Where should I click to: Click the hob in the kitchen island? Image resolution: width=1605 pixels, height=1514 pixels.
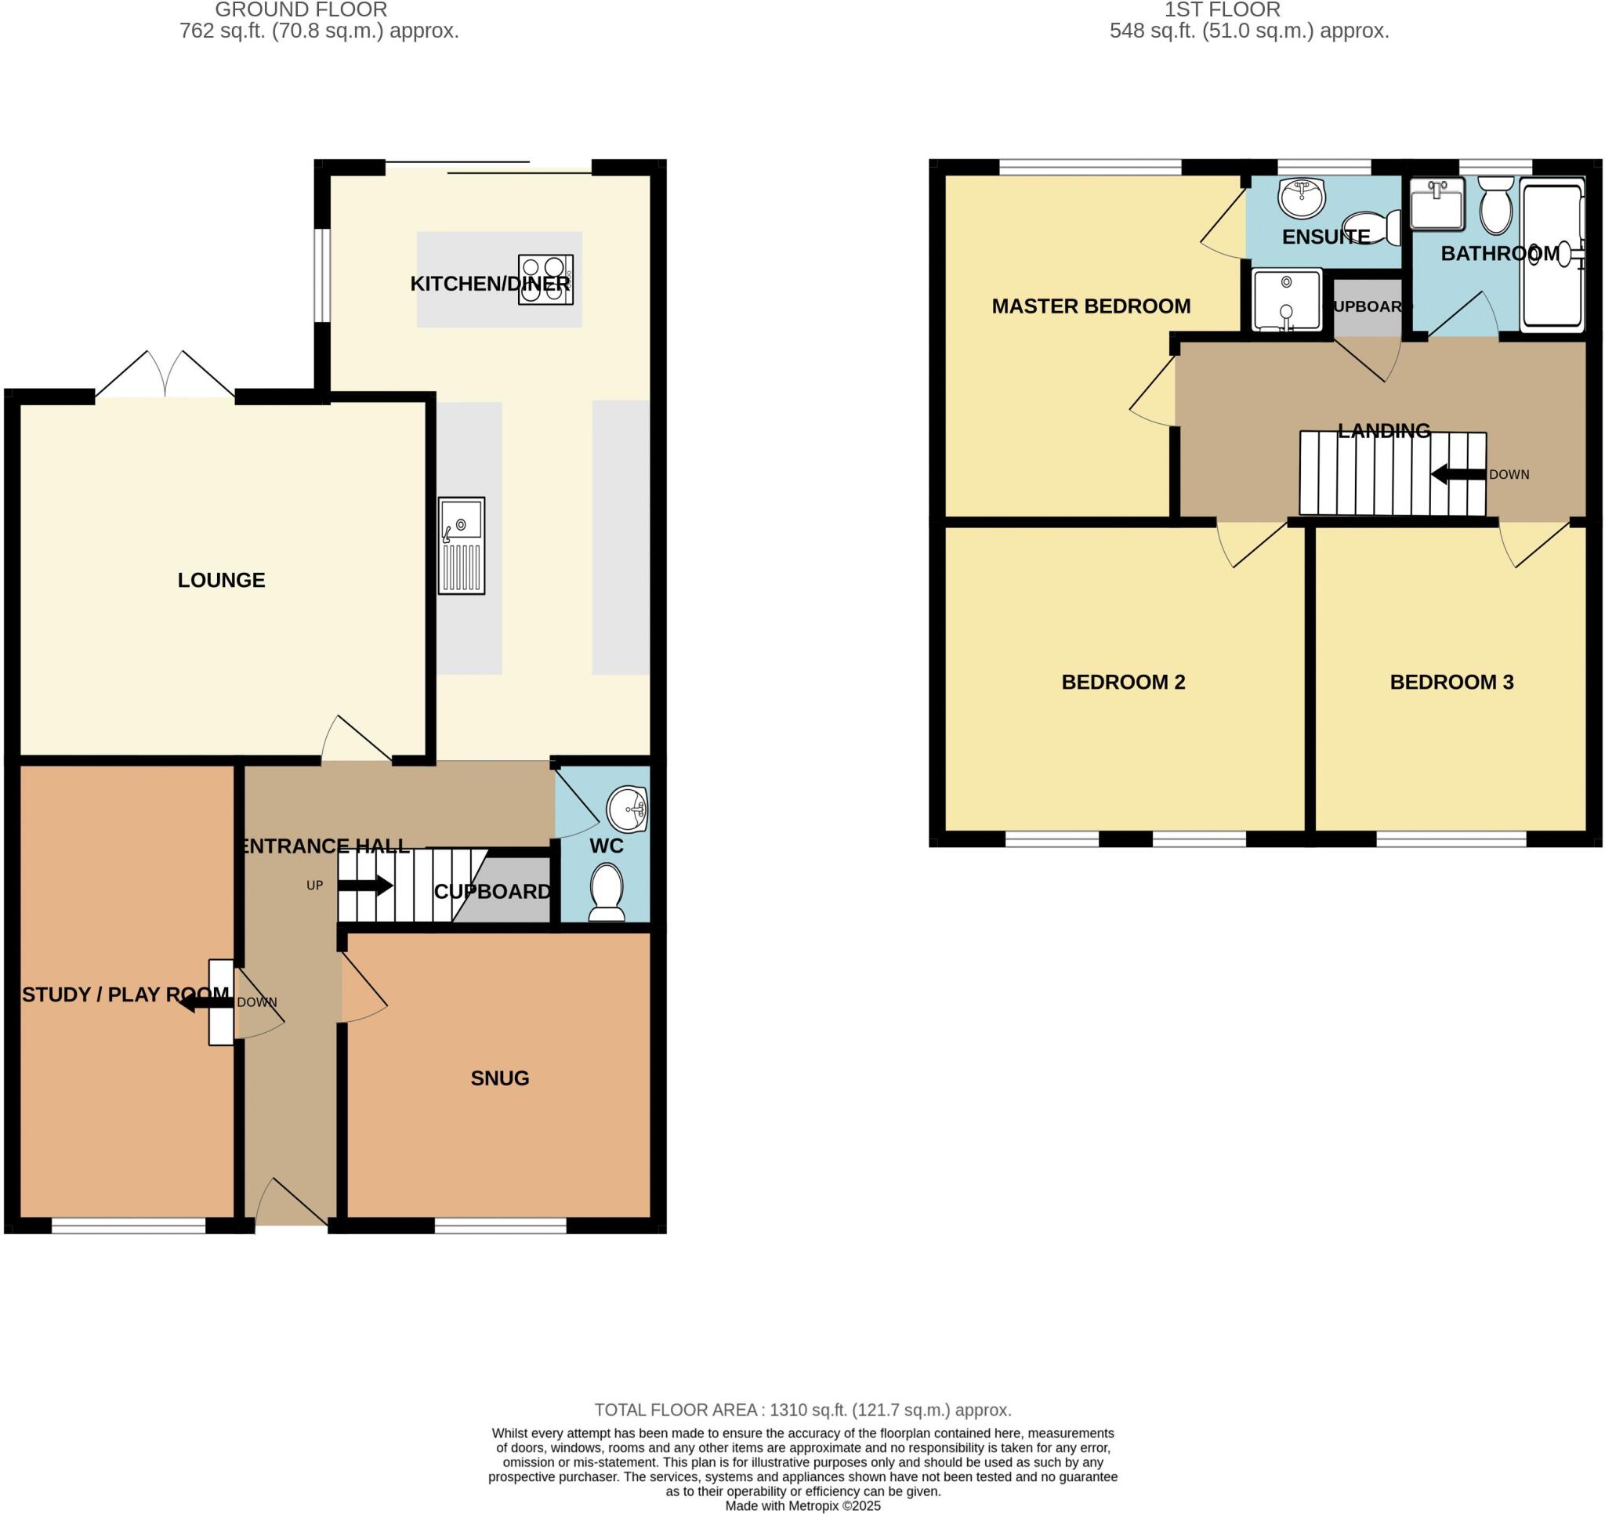pyautogui.click(x=545, y=280)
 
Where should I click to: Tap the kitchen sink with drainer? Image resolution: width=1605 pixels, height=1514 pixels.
pyautogui.click(x=461, y=546)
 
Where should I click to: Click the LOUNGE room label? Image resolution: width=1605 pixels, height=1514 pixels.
pyautogui.click(x=221, y=580)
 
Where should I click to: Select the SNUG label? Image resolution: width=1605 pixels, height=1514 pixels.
pyautogui.click(x=500, y=1078)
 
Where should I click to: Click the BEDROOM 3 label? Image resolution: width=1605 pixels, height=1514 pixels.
pyautogui.click(x=1451, y=683)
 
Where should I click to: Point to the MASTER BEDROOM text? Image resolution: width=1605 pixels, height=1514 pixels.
pyautogui.click(x=1090, y=306)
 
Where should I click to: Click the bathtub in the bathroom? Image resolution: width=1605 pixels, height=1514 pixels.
pyautogui.click(x=1552, y=255)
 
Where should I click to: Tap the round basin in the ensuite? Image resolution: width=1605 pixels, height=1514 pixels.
pyautogui.click(x=1302, y=197)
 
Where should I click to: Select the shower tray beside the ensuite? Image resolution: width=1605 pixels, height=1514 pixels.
pyautogui.click(x=1286, y=299)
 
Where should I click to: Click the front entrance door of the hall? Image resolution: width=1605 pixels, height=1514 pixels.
pyautogui.click(x=291, y=1204)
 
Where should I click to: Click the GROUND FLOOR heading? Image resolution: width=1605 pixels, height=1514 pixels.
pyautogui.click(x=300, y=9)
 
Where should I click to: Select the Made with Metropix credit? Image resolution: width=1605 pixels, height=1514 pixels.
pyautogui.click(x=802, y=1506)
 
